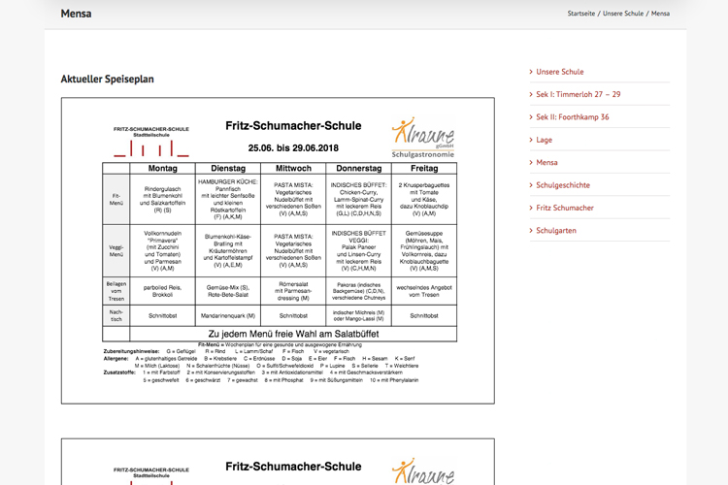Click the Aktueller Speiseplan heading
pyautogui.click(x=107, y=79)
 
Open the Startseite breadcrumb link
pyautogui.click(x=580, y=14)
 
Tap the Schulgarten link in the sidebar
pyautogui.click(x=556, y=230)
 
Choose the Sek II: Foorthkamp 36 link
pyautogui.click(x=573, y=116)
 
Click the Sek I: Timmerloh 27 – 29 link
pyautogui.click(x=579, y=94)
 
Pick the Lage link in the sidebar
pyautogui.click(x=544, y=140)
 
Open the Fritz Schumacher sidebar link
pyautogui.click(x=565, y=208)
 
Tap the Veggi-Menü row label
pyautogui.click(x=116, y=250)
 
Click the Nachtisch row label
pyautogui.click(x=116, y=315)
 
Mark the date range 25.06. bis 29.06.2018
pyautogui.click(x=293, y=148)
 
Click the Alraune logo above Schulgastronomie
pyautogui.click(x=422, y=134)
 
